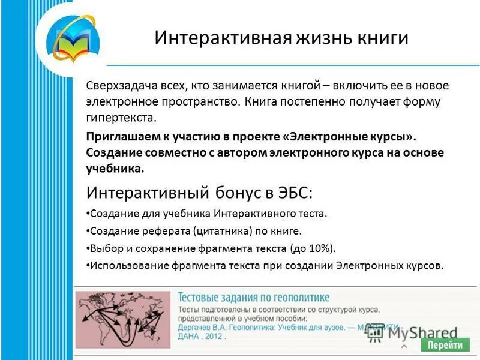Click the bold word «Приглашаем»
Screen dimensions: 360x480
[x=119, y=136]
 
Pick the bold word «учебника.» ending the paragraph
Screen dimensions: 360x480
[x=115, y=169]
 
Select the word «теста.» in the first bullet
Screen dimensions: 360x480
[x=310, y=214]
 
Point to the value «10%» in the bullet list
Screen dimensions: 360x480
[x=319, y=248]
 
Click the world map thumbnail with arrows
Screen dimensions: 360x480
[x=122, y=320]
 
